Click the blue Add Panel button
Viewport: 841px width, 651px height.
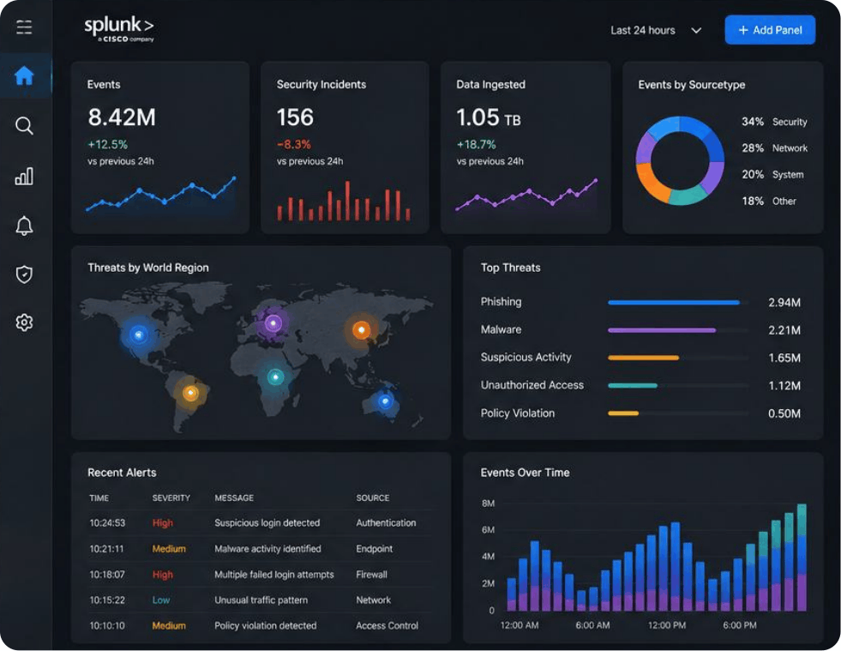point(770,30)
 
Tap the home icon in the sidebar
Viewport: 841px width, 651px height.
point(24,75)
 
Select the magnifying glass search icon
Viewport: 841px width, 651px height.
point(24,126)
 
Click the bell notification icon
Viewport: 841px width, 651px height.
point(24,226)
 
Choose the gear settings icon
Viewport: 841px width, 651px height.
point(24,322)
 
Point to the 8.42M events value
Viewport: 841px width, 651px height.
point(122,117)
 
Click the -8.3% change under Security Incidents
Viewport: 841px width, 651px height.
point(294,144)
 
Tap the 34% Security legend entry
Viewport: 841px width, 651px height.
point(774,122)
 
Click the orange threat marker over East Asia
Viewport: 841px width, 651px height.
point(361,329)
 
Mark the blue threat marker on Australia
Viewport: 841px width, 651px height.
point(385,401)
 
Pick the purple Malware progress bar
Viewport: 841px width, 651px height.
point(662,330)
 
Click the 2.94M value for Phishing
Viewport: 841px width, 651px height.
point(784,302)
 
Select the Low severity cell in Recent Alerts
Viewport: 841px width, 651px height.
point(161,600)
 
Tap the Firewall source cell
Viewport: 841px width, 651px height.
point(372,575)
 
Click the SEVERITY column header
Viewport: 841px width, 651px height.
point(171,498)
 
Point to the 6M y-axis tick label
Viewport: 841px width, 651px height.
point(488,530)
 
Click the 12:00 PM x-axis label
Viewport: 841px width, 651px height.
point(667,625)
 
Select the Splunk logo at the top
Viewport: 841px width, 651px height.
point(119,28)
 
